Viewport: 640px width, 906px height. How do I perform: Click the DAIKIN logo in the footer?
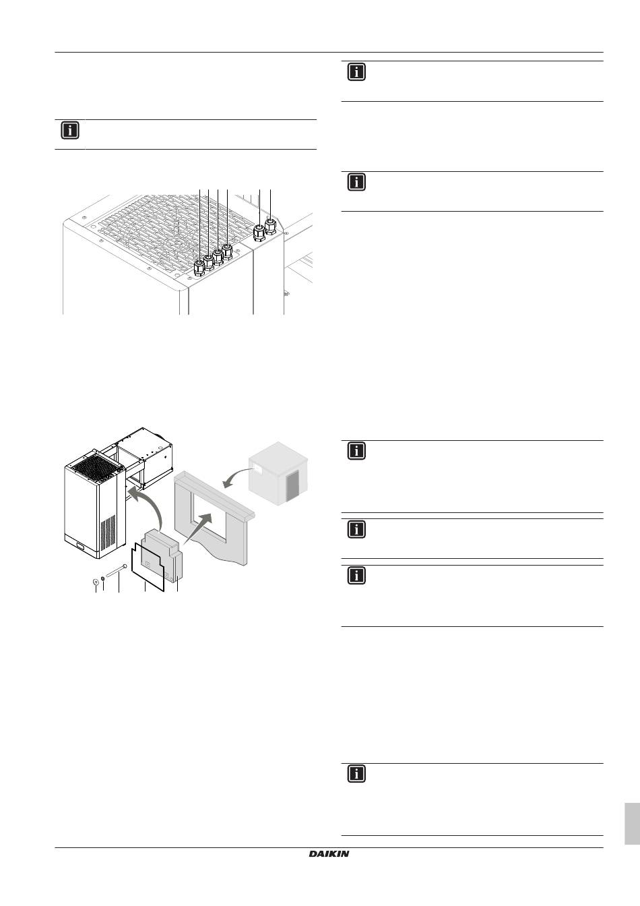click(329, 854)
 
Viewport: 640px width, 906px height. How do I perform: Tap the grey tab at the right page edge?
click(632, 823)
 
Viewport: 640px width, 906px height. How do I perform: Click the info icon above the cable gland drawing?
click(70, 130)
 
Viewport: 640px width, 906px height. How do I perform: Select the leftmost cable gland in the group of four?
click(199, 268)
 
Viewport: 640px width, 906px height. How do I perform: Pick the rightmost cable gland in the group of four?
click(228, 252)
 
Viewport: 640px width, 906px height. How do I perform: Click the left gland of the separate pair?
click(258, 234)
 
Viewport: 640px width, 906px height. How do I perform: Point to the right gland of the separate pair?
click(271, 224)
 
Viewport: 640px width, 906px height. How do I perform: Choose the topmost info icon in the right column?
click(356, 72)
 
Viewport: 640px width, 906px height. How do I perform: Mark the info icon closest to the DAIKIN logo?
click(356, 774)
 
